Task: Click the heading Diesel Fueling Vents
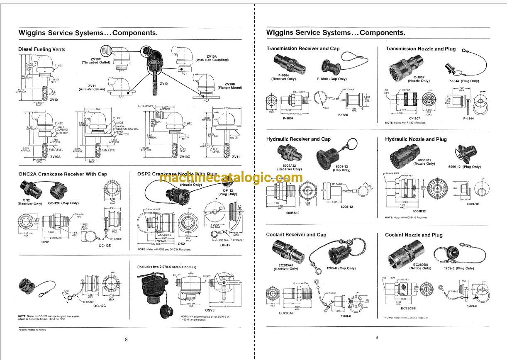pos(41,49)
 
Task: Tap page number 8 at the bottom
pos(126,339)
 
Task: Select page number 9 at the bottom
pos(377,337)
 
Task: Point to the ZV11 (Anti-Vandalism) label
pos(92,88)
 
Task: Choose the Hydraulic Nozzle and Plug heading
pos(416,139)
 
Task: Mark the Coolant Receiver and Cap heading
pos(296,235)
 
